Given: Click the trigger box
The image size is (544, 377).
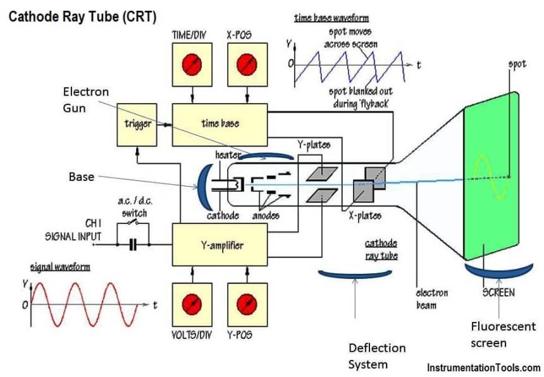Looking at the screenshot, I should pos(137,124).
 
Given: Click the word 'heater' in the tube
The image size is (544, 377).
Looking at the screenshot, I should pos(226,154).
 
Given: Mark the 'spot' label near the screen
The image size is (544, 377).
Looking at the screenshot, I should pos(517,65).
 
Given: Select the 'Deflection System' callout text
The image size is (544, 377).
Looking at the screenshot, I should pos(377,356).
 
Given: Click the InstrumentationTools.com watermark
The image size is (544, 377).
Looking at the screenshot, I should pos(485,368).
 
